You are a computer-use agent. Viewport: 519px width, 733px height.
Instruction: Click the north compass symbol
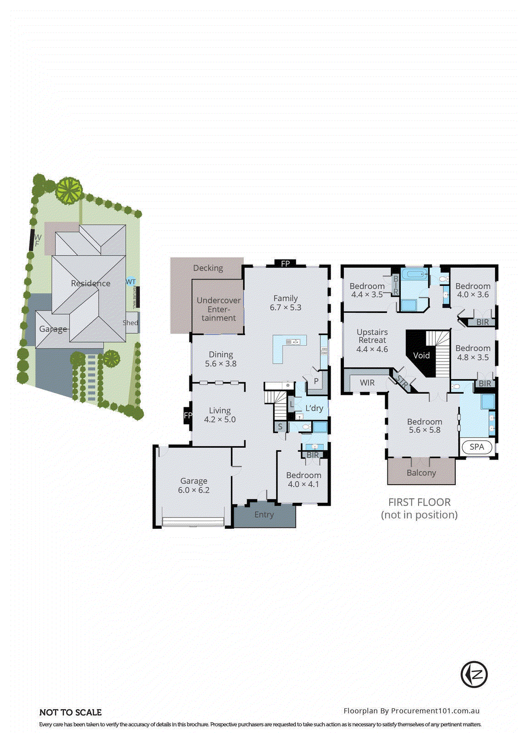pyautogui.click(x=474, y=674)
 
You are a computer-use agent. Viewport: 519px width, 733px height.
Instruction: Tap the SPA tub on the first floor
pyautogui.click(x=477, y=447)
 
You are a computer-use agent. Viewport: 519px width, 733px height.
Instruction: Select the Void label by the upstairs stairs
pyautogui.click(x=421, y=356)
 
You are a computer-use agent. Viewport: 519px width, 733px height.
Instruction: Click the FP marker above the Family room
pyautogui.click(x=285, y=263)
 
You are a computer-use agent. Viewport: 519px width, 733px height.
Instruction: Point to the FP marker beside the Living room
pyautogui.click(x=188, y=416)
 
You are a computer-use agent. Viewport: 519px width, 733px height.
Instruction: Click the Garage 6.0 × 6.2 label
pyautogui.click(x=193, y=486)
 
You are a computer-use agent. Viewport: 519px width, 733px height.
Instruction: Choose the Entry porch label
pyautogui.click(x=264, y=515)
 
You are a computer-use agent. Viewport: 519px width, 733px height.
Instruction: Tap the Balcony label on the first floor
pyautogui.click(x=421, y=473)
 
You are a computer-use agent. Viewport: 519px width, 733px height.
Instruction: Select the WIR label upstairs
pyautogui.click(x=367, y=383)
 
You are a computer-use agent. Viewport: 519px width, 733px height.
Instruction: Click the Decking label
pyautogui.click(x=208, y=268)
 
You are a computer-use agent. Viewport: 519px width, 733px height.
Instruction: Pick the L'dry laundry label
pyautogui.click(x=314, y=408)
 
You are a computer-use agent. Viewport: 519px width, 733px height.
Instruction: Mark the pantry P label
pyautogui.click(x=316, y=381)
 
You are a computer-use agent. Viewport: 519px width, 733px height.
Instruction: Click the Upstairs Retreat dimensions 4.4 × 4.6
pyautogui.click(x=372, y=349)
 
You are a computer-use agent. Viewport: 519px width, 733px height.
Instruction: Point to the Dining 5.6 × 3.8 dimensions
pyautogui.click(x=221, y=364)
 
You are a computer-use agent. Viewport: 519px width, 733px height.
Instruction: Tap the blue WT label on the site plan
pyautogui.click(x=131, y=282)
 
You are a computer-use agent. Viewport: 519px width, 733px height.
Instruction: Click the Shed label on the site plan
pyautogui.click(x=130, y=323)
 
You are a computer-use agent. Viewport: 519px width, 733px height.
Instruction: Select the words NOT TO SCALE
pyautogui.click(x=71, y=712)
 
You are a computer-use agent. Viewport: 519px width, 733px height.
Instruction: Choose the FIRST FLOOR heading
pyautogui.click(x=419, y=502)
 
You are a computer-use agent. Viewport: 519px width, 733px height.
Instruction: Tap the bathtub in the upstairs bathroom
pyautogui.click(x=414, y=275)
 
